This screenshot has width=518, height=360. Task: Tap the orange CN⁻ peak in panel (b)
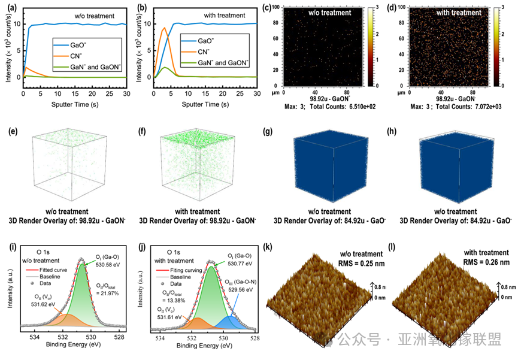coord(165,28)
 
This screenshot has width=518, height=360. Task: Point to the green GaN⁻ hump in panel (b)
coord(165,68)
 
